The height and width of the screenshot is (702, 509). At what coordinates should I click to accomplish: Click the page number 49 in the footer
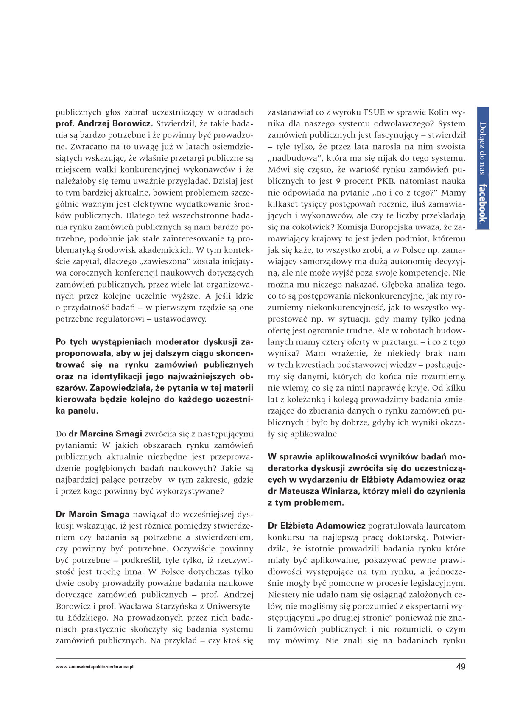tap(461, 666)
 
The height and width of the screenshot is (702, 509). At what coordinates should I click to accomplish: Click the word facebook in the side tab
tap(483, 203)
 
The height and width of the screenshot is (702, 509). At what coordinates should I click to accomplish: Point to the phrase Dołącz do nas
tap(483, 148)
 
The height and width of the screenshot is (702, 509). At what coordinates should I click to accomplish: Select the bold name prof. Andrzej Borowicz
tap(104, 124)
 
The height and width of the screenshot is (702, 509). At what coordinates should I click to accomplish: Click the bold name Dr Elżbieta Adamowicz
tap(316, 526)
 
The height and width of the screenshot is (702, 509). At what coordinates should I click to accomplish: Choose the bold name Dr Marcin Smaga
tap(92, 514)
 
